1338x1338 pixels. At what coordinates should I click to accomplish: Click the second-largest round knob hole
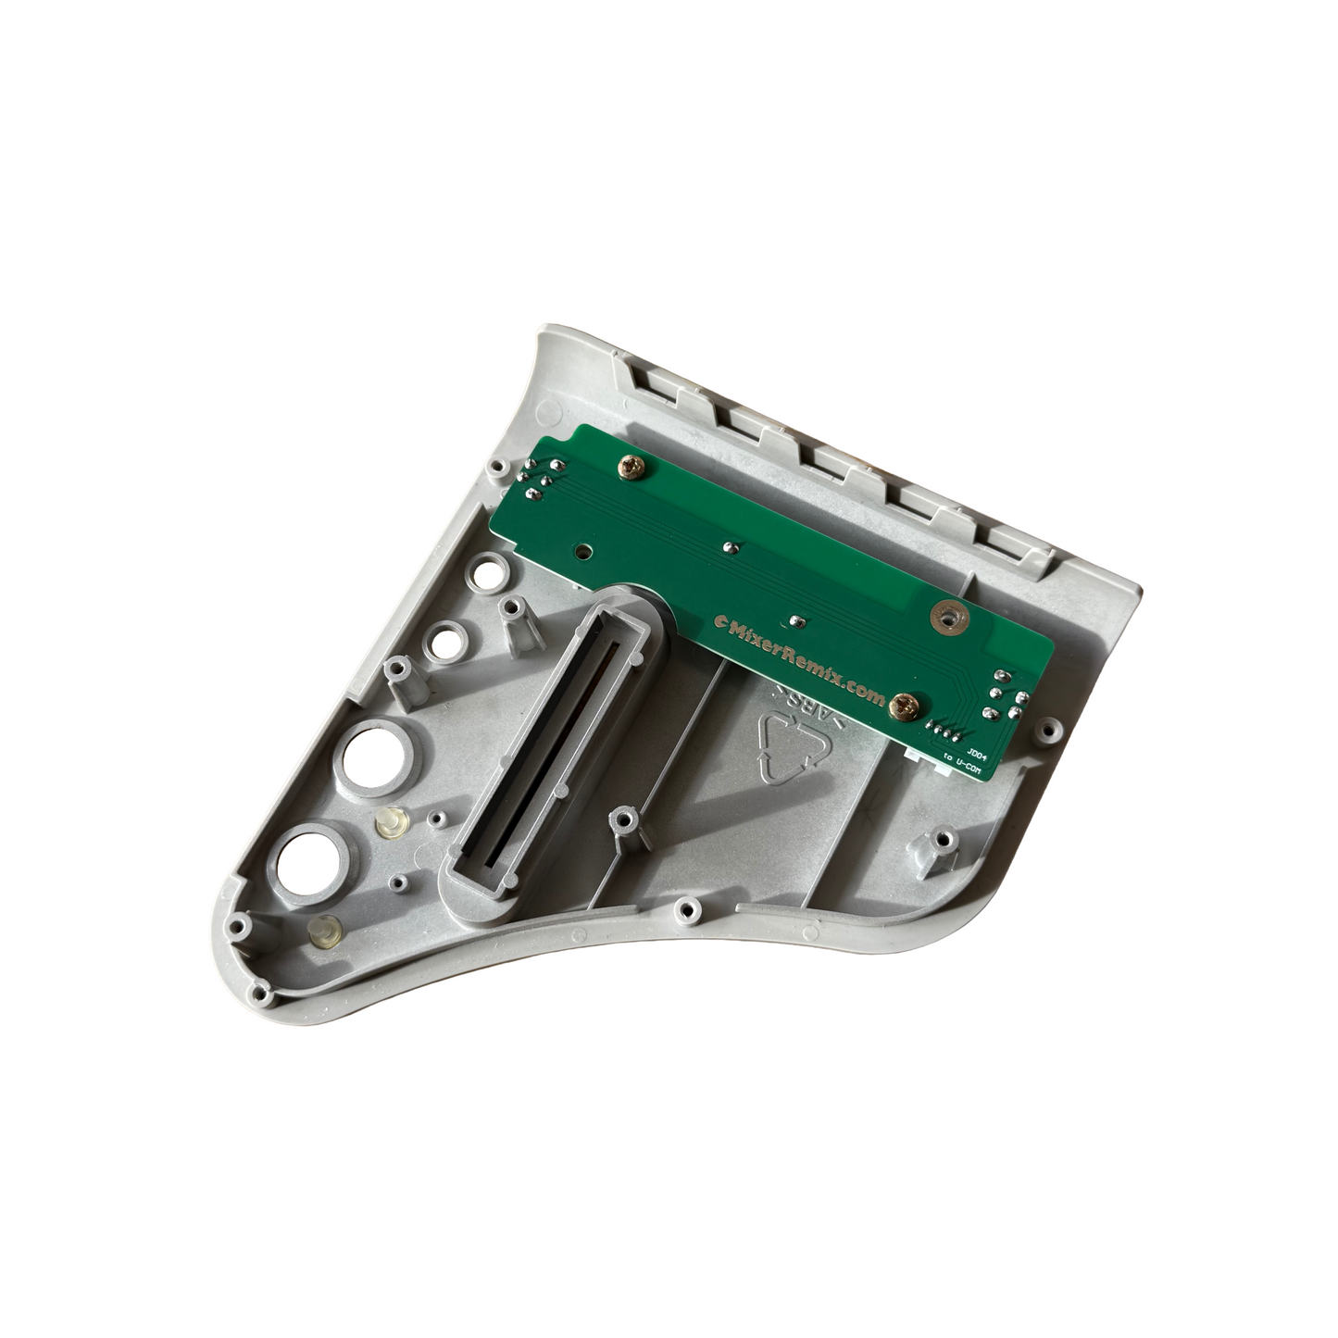[368, 754]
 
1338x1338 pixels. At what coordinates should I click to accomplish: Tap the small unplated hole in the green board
[581, 550]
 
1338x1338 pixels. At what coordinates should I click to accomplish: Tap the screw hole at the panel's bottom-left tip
[241, 923]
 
